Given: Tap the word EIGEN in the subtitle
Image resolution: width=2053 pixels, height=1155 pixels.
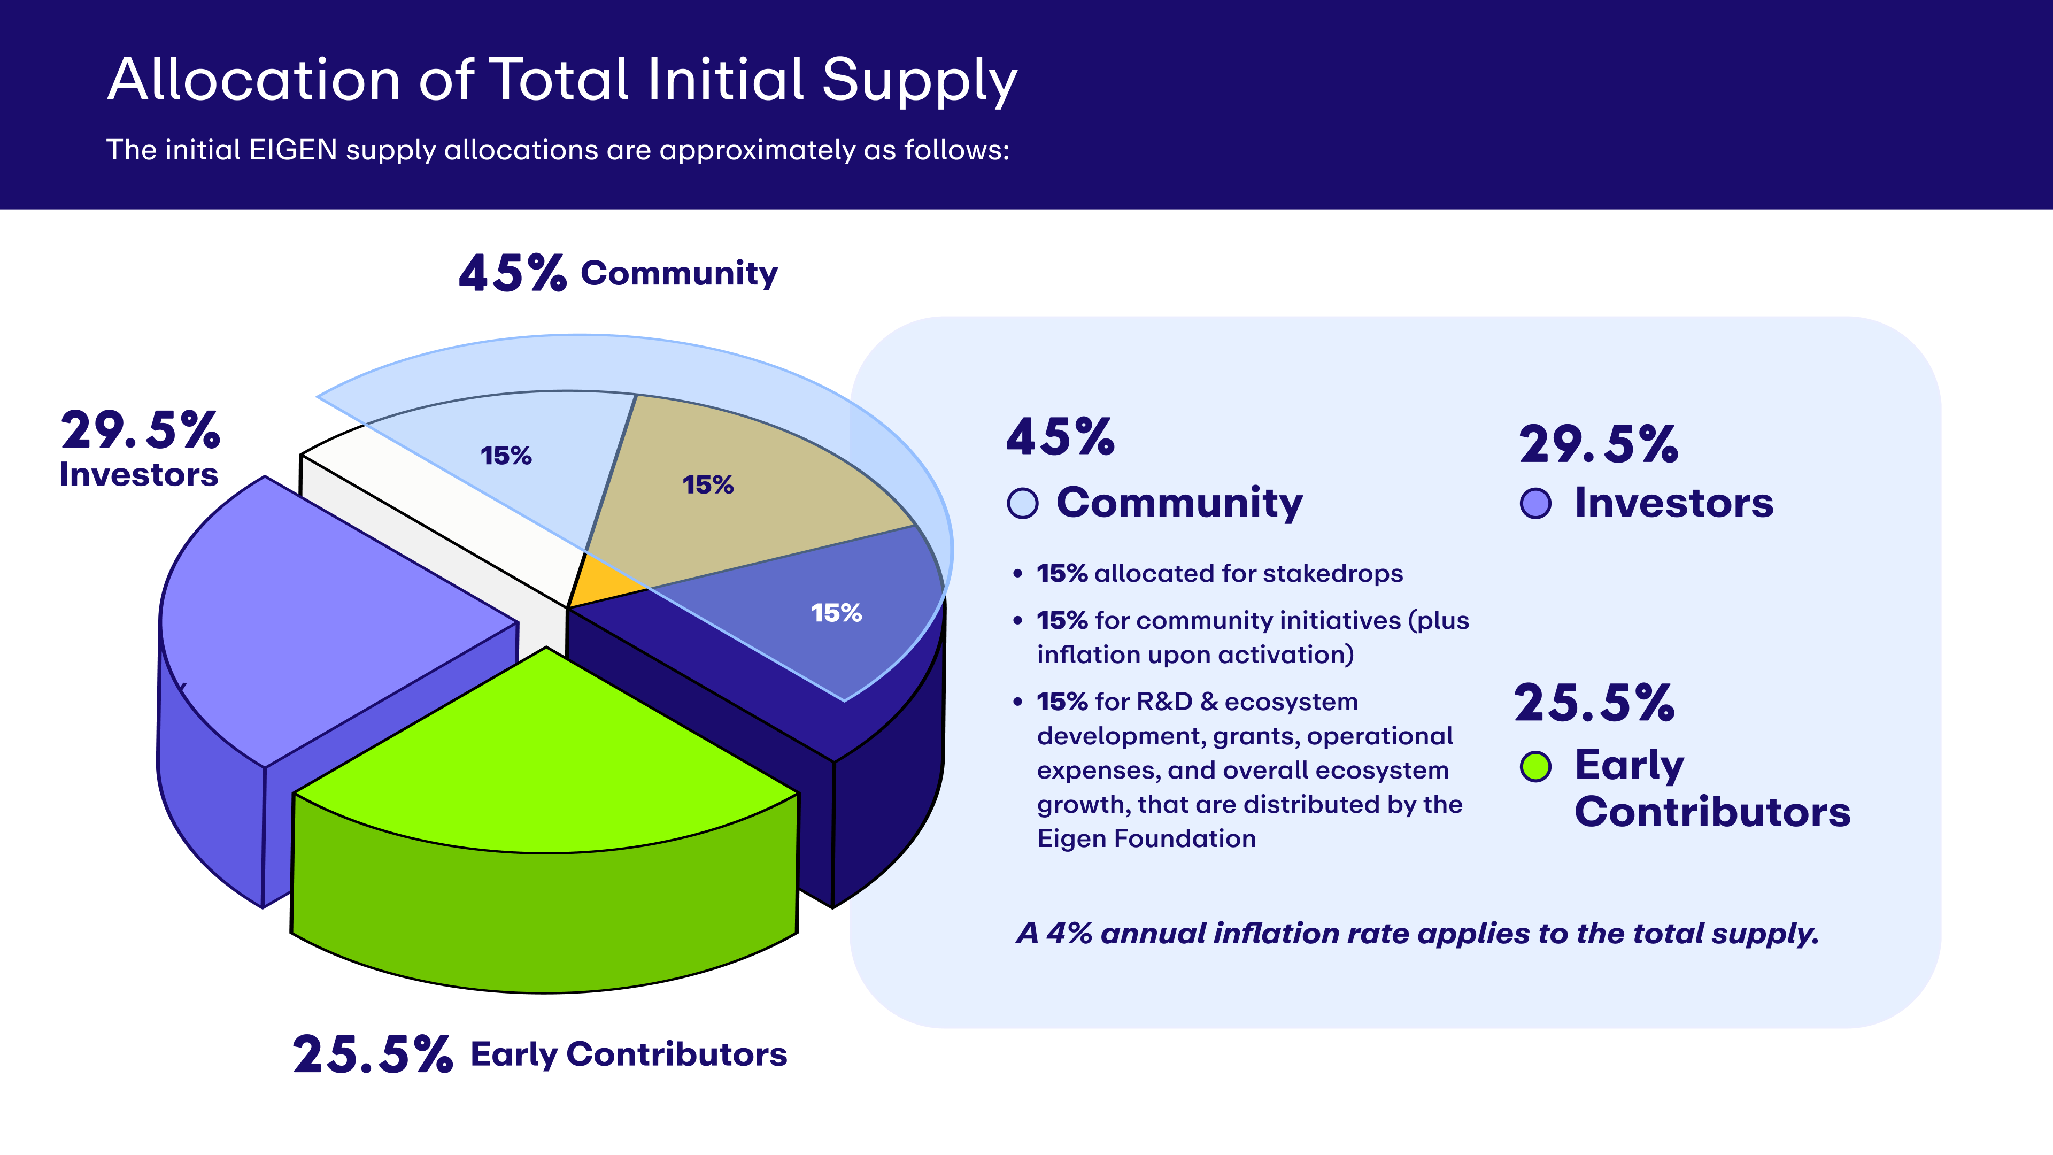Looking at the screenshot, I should (x=294, y=150).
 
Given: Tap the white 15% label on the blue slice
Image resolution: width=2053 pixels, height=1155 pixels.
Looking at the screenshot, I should (x=836, y=613).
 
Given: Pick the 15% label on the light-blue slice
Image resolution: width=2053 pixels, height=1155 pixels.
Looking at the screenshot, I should (x=506, y=456).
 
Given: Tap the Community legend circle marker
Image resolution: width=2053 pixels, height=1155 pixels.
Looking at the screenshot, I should (x=1023, y=504).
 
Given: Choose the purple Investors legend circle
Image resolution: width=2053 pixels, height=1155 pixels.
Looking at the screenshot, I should (x=1535, y=504).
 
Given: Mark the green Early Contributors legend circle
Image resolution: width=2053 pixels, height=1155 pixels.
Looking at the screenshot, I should (x=1535, y=767).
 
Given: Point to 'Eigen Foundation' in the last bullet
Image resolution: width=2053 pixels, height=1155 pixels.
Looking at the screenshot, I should (x=1146, y=838).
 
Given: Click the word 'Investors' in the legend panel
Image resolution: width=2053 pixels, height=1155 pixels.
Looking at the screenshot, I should (x=1673, y=504).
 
